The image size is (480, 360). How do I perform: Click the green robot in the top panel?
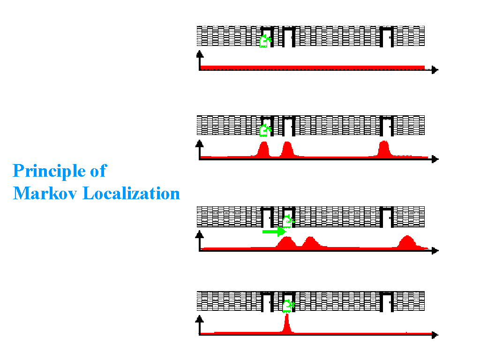[x=265, y=41]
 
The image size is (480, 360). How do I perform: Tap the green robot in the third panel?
[x=288, y=221]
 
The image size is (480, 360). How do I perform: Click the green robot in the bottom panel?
[x=287, y=306]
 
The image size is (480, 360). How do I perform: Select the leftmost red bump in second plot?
[x=263, y=150]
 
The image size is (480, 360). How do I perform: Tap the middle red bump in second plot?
[x=287, y=150]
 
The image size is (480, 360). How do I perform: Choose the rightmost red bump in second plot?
[x=384, y=149]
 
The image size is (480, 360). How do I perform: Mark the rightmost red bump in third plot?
[x=407, y=242]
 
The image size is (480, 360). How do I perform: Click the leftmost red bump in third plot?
[x=286, y=243]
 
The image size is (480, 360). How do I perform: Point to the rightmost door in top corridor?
[x=387, y=37]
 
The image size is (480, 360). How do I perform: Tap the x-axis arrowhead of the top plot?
[x=435, y=70]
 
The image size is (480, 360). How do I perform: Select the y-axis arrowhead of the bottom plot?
[x=200, y=318]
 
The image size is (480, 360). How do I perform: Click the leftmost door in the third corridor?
[x=267, y=215]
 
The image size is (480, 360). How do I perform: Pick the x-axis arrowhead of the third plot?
[x=435, y=251]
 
